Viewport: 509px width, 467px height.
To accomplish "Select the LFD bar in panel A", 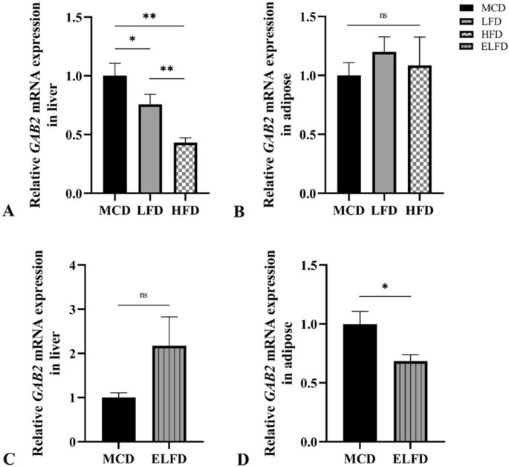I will pos(152,149).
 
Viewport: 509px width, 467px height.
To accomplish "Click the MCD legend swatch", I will pos(447,7).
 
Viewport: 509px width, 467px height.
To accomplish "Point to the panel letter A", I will pos(8,212).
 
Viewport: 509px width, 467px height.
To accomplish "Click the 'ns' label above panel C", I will pos(144,294).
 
